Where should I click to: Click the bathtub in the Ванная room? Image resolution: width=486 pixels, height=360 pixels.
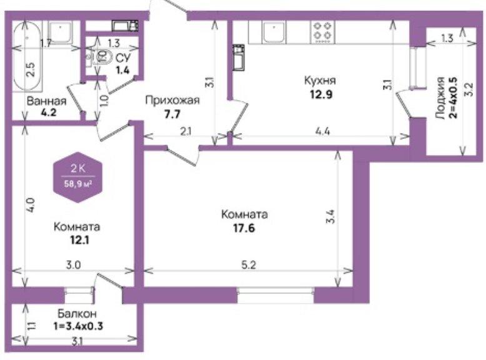(27, 56)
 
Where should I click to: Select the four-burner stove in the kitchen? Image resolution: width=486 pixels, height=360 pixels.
(322, 31)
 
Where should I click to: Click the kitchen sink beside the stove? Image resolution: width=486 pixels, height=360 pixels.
(274, 32)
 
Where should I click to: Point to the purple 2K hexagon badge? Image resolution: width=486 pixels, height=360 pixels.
(78, 177)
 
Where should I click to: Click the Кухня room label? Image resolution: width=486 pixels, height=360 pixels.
(320, 81)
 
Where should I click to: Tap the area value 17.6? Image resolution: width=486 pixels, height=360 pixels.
(244, 229)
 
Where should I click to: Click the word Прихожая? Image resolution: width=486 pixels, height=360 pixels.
(172, 101)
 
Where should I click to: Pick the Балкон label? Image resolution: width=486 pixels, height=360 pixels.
(77, 314)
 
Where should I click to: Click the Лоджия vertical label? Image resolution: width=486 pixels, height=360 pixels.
(440, 98)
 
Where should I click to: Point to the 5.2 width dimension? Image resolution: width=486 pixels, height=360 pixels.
(249, 265)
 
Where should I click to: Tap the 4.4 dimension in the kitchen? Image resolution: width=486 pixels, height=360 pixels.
(322, 131)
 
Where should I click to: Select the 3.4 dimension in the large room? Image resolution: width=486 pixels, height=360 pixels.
(330, 217)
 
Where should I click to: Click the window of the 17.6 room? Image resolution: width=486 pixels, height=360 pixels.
(275, 295)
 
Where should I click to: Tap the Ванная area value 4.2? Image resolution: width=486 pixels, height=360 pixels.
(49, 112)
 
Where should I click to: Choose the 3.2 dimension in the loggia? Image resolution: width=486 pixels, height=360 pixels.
(470, 89)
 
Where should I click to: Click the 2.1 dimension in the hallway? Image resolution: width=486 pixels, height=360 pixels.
(186, 131)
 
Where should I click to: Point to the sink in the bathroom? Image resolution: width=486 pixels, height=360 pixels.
(60, 31)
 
